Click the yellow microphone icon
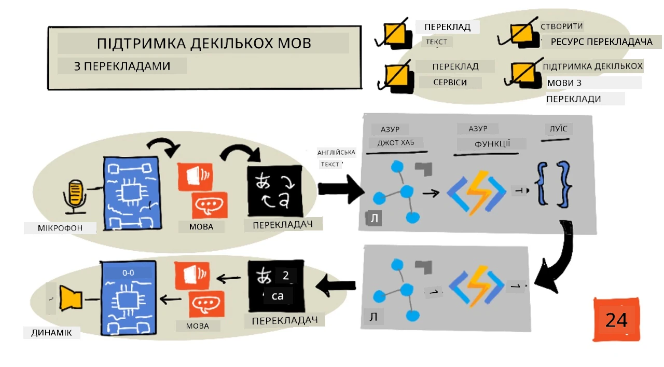coord(74,196)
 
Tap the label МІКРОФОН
coord(60,228)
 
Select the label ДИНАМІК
coord(51,333)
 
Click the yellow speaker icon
coord(71,298)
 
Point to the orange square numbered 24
coord(617,319)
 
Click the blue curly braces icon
coord(555,184)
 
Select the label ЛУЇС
coord(559,129)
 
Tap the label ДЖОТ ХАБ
coord(396,143)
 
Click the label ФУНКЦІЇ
coord(492,144)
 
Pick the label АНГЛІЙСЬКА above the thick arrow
coord(336,153)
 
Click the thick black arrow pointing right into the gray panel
coord(341,189)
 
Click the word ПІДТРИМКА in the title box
coord(141,43)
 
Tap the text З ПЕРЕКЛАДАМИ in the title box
coord(122,66)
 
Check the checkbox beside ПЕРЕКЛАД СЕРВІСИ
coord(397,78)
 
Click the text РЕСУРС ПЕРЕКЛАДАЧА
coord(602,42)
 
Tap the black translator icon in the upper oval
coord(275,191)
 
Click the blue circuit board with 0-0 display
coord(129,298)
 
